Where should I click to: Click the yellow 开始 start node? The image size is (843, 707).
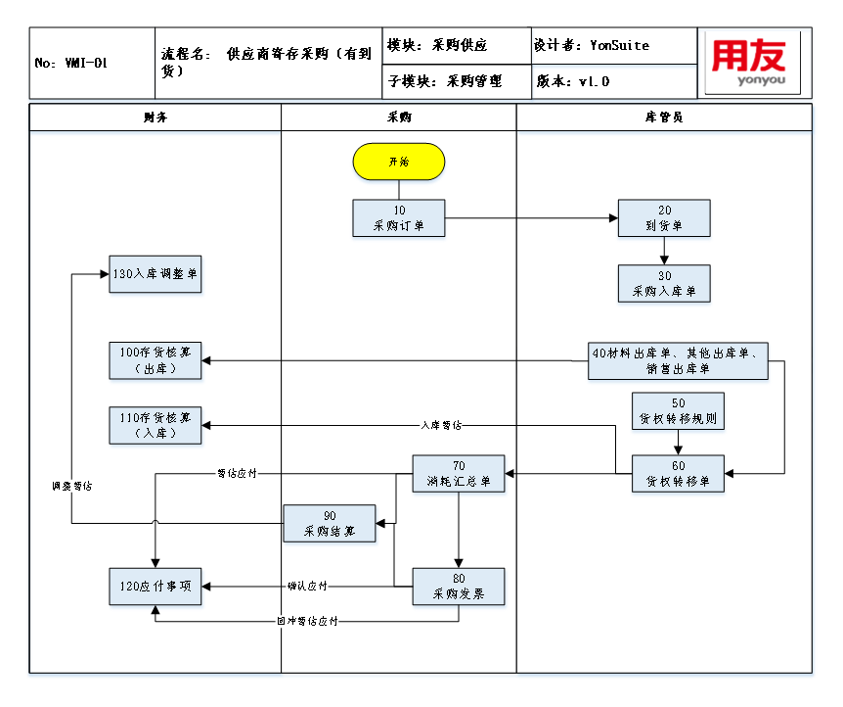click(x=399, y=162)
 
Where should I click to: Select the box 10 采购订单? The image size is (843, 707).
click(x=399, y=218)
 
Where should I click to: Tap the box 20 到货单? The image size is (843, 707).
click(x=664, y=218)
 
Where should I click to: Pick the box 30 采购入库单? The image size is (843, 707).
click(x=664, y=283)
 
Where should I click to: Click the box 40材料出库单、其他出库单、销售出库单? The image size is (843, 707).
click(x=680, y=360)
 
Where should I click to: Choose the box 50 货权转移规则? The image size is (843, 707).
click(x=679, y=411)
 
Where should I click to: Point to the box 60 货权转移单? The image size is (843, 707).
click(x=679, y=474)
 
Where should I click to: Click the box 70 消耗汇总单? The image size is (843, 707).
click(x=459, y=474)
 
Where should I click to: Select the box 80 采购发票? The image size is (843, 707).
click(x=459, y=587)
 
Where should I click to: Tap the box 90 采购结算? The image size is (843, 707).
click(x=330, y=523)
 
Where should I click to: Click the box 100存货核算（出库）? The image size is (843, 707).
click(x=155, y=360)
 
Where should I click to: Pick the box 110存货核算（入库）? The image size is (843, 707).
click(x=155, y=425)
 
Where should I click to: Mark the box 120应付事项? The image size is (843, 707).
click(x=155, y=587)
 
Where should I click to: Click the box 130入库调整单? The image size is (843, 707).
click(x=155, y=274)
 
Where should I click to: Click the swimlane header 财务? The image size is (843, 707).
click(x=155, y=117)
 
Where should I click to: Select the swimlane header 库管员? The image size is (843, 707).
click(x=664, y=117)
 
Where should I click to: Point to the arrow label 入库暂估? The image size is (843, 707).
click(x=442, y=425)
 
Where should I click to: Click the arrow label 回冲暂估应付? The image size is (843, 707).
click(x=307, y=621)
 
